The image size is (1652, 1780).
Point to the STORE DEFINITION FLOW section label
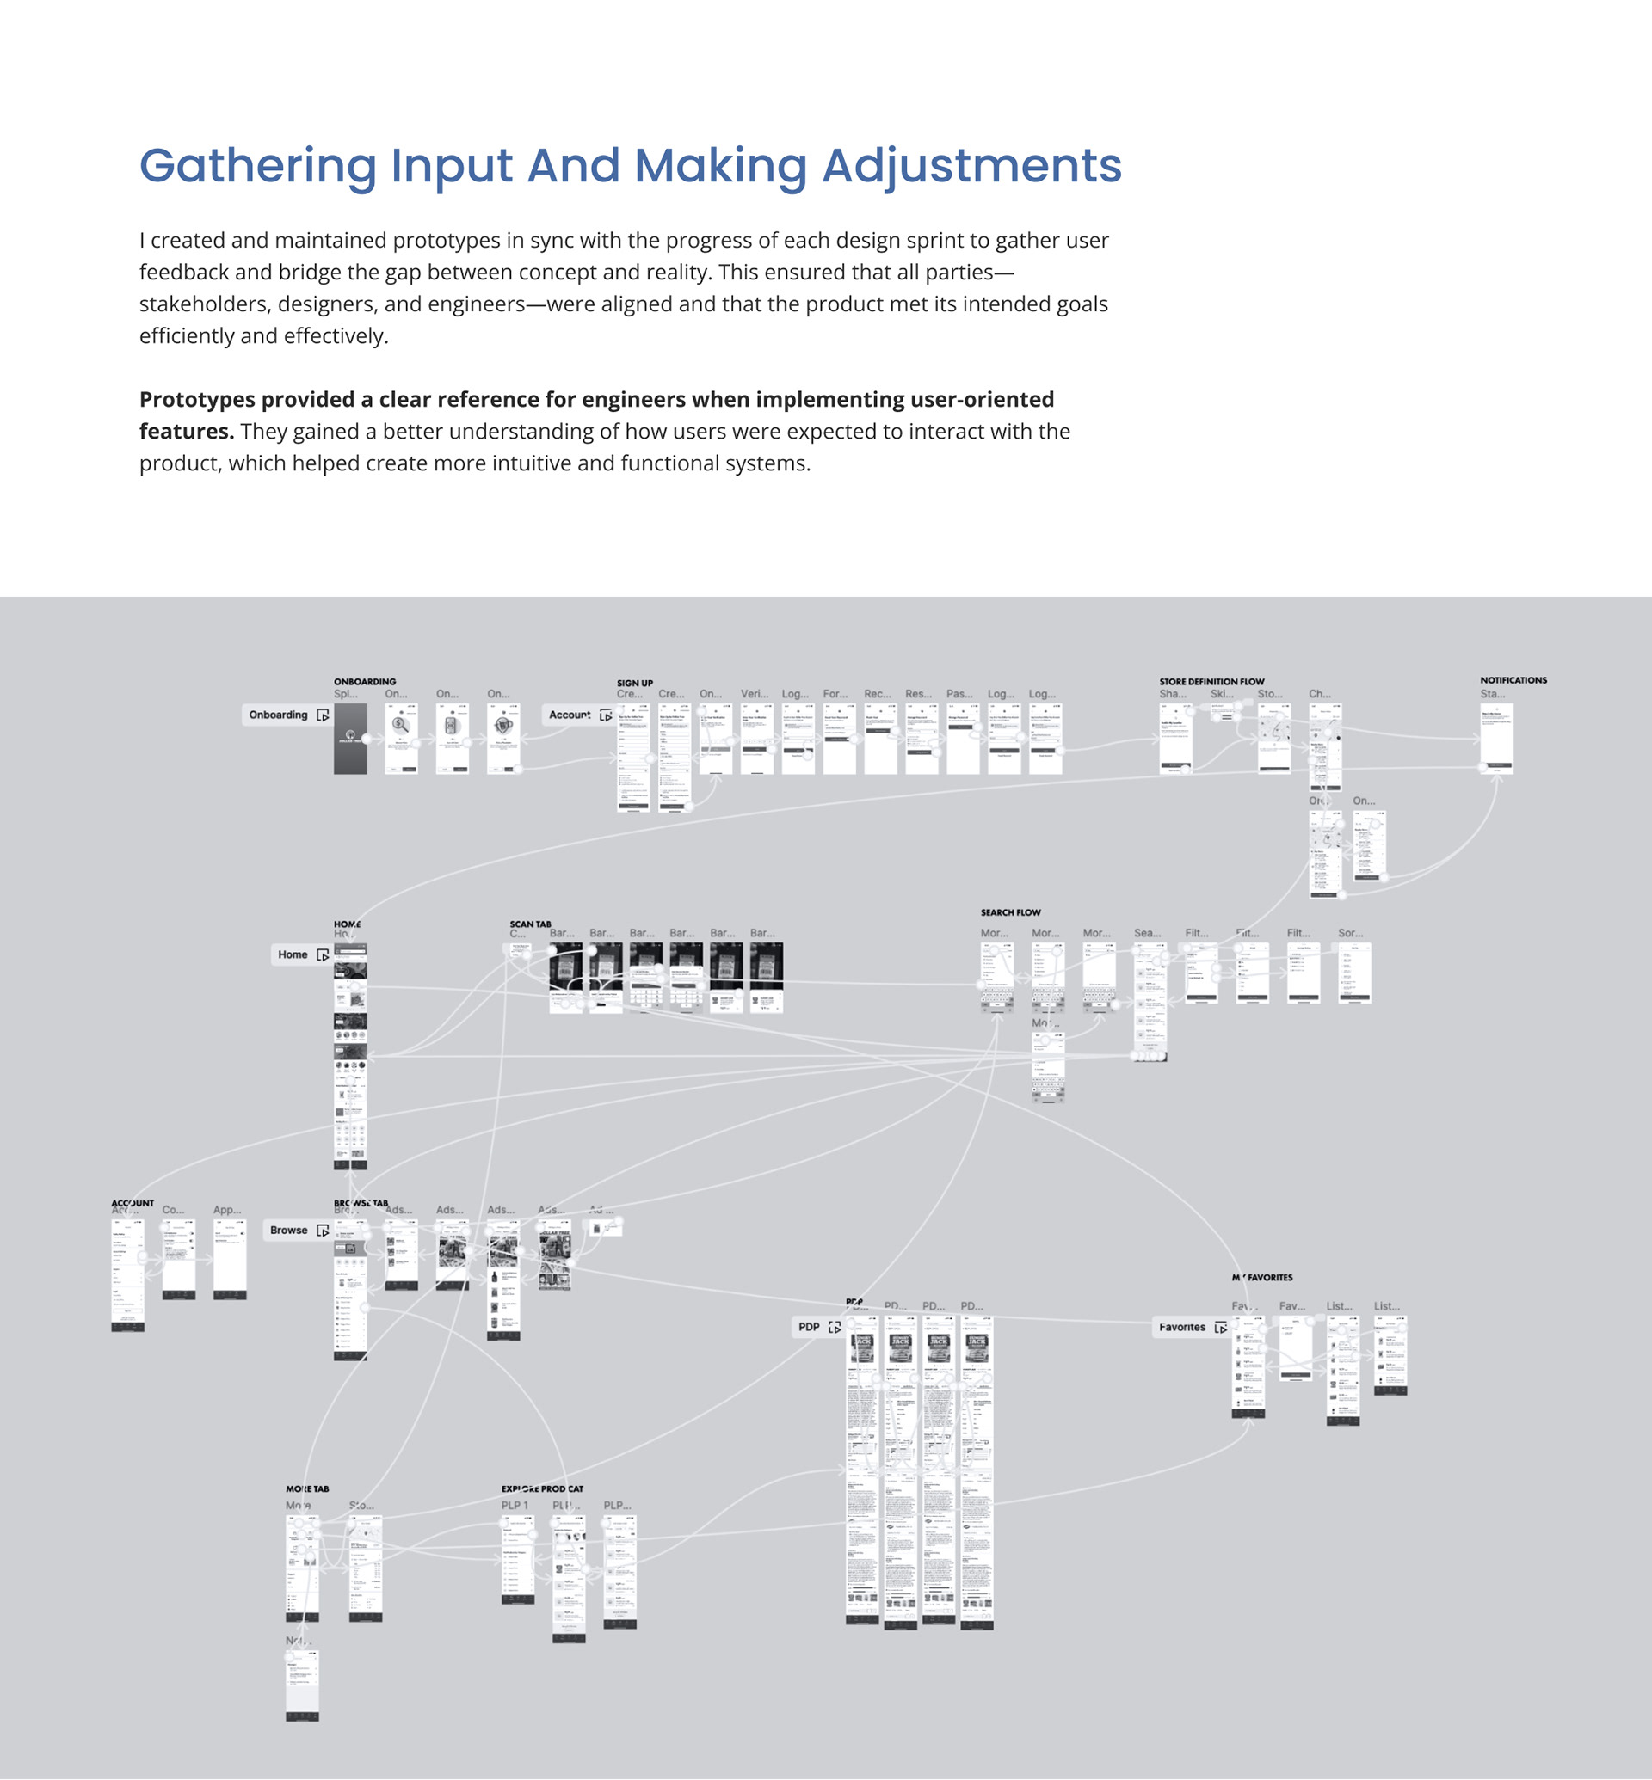pos(1211,682)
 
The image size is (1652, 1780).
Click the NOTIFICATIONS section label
pos(1513,680)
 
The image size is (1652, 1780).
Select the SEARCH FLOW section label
pos(1010,912)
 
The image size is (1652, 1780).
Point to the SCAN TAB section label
pos(530,924)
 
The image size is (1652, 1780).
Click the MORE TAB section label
pos(307,1488)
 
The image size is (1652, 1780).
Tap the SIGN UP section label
pos(635,683)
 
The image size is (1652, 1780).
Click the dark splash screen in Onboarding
pos(349,738)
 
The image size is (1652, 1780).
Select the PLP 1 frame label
pos(515,1505)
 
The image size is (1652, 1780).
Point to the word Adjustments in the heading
pos(971,166)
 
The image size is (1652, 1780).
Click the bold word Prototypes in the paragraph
pos(192,400)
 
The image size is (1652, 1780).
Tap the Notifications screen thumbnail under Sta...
pos(1496,737)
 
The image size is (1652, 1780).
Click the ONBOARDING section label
pos(365,682)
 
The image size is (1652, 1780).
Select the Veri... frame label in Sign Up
pos(755,693)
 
